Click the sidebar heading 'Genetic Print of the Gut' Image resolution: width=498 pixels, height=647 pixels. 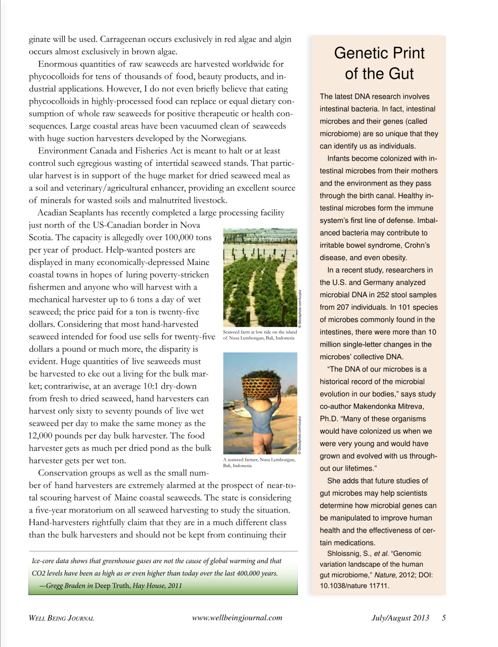tap(379, 63)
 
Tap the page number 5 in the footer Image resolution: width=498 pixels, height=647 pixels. tap(443, 618)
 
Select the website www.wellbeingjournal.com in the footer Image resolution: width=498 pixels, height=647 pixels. tap(237, 618)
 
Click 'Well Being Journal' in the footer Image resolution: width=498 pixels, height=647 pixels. tap(61, 618)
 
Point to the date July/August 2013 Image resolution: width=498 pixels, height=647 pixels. tap(400, 618)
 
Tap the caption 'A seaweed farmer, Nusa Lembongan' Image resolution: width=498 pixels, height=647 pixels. tap(259, 459)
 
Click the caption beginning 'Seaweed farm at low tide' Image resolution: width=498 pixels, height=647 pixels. tap(260, 332)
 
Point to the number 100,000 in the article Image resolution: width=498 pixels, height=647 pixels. tap(178, 238)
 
